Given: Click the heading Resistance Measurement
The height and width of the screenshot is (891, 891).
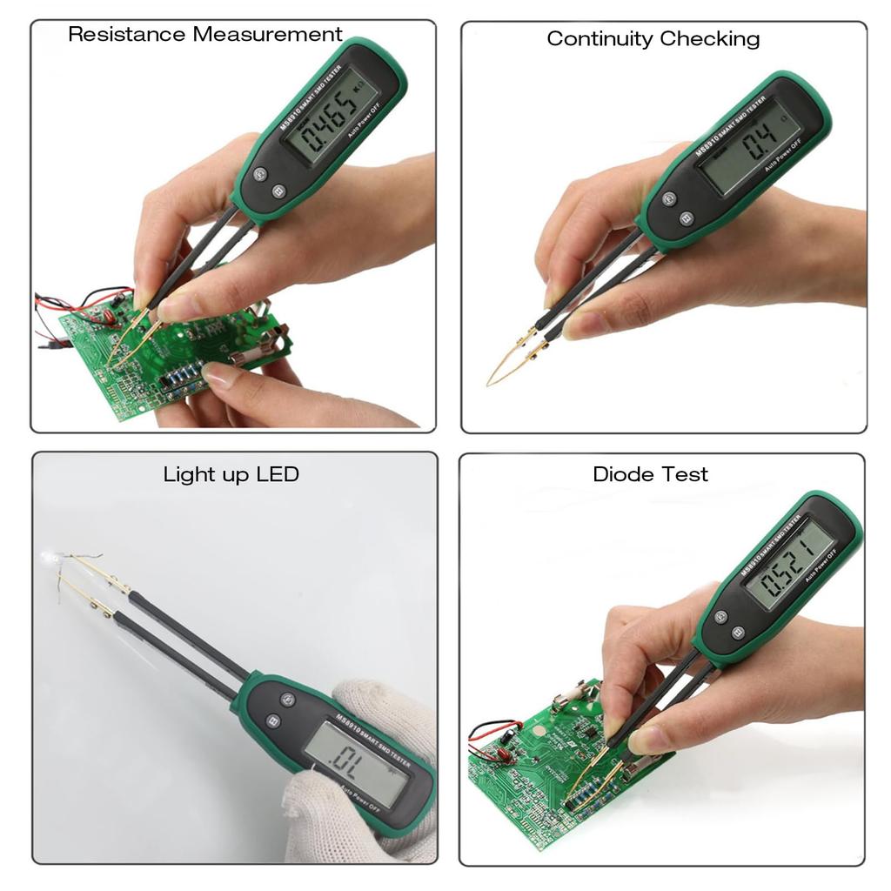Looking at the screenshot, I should pyautogui.click(x=205, y=35).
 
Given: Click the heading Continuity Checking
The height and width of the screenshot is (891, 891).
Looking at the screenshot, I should pyautogui.click(x=653, y=39).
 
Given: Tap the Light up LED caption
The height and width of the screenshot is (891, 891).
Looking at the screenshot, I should pyautogui.click(x=231, y=474).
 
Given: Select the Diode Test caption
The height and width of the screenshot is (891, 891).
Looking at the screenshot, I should pyautogui.click(x=650, y=474).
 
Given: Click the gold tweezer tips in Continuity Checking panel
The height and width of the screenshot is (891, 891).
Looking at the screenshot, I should pyautogui.click(x=509, y=361).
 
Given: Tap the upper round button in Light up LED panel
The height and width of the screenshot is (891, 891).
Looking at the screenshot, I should pyautogui.click(x=287, y=698).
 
